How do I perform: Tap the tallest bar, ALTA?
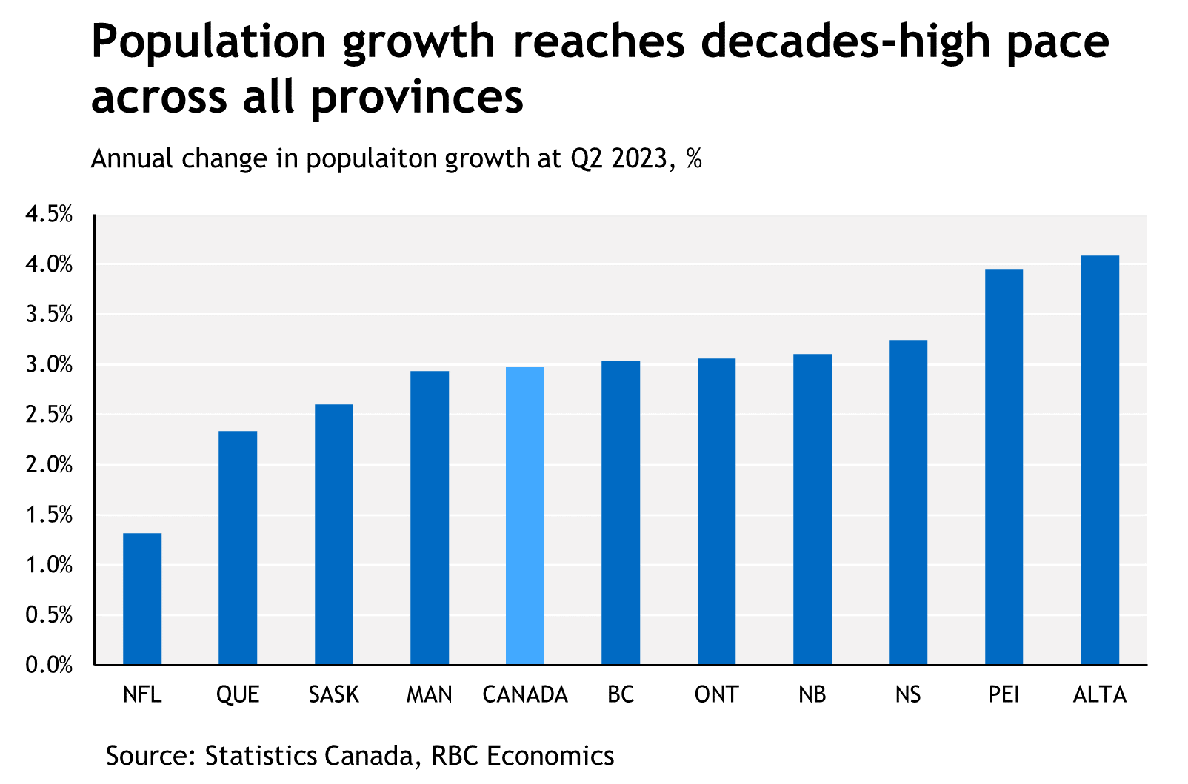(1100, 460)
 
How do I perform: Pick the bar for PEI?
(1004, 467)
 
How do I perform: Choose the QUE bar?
(238, 548)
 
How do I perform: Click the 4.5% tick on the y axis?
(49, 215)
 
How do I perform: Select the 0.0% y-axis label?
(49, 666)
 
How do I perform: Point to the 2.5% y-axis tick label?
(49, 415)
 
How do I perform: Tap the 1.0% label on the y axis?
(49, 566)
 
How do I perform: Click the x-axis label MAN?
(430, 694)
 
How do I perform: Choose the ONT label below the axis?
(716, 694)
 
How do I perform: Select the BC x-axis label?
(621, 694)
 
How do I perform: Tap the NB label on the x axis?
(812, 694)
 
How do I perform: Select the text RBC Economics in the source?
(522, 756)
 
